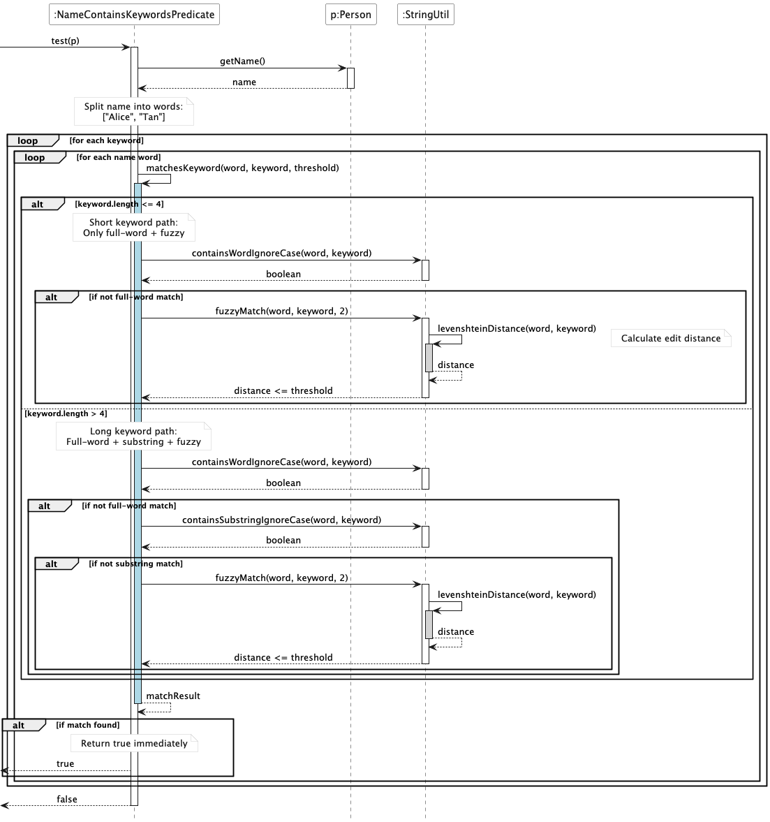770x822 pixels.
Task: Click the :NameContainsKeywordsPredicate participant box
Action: (134, 14)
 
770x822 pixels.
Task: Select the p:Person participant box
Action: (350, 14)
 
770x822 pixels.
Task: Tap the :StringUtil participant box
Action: (425, 14)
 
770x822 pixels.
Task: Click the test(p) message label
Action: (65, 41)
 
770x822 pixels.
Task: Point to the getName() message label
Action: (242, 61)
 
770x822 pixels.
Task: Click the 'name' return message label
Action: (244, 82)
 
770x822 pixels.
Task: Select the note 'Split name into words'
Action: (133, 112)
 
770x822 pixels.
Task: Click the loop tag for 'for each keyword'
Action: (28, 141)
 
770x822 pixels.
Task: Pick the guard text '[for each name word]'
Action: (118, 157)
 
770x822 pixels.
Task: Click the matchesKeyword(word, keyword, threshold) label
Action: (242, 168)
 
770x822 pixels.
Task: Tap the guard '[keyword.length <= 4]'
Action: (119, 204)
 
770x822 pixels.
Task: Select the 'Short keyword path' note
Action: (133, 228)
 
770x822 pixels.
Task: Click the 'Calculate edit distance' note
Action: (670, 339)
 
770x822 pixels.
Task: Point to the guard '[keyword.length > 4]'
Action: (66, 413)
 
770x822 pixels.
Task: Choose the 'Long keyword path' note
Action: (133, 436)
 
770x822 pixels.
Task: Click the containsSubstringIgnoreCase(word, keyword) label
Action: (281, 520)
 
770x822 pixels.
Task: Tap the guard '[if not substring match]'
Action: (135, 564)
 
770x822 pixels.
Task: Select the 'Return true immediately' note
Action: (134, 744)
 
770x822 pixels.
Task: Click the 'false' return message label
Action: (67, 800)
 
